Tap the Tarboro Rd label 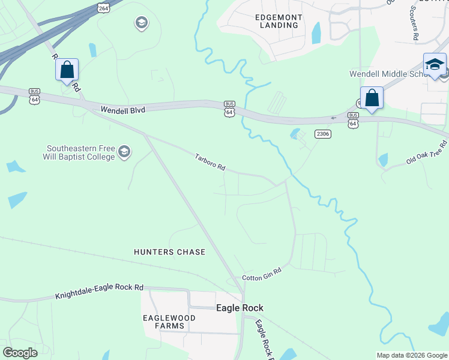coord(209,163)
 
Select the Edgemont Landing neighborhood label coord(277,21)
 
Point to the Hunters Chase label coord(169,252)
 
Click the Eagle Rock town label coord(240,308)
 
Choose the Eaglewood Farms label coord(163,321)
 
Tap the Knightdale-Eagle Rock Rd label coord(100,292)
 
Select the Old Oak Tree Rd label coord(427,154)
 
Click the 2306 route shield coord(323,134)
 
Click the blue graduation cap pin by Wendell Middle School coord(435,65)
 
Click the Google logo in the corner coord(20,353)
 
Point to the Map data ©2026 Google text coord(412,355)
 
